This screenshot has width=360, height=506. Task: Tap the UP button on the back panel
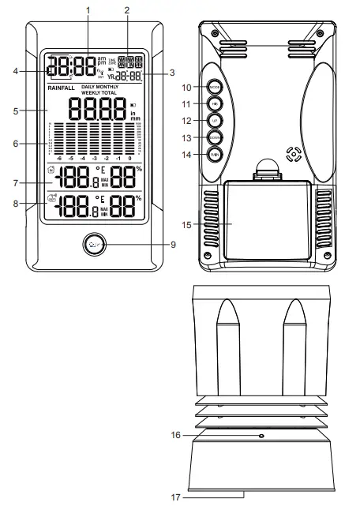click(x=214, y=120)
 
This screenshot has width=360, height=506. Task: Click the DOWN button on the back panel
click(x=214, y=137)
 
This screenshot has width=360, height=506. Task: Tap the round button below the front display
click(x=94, y=244)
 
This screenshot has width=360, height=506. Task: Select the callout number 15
click(x=186, y=225)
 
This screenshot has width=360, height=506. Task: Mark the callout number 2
click(x=126, y=9)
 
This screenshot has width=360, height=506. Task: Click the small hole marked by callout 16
click(x=261, y=436)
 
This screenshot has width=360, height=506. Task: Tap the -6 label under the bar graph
click(x=58, y=158)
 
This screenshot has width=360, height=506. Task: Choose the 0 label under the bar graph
click(x=130, y=158)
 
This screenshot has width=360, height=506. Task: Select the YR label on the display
click(x=111, y=77)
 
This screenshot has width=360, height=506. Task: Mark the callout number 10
click(x=186, y=87)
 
